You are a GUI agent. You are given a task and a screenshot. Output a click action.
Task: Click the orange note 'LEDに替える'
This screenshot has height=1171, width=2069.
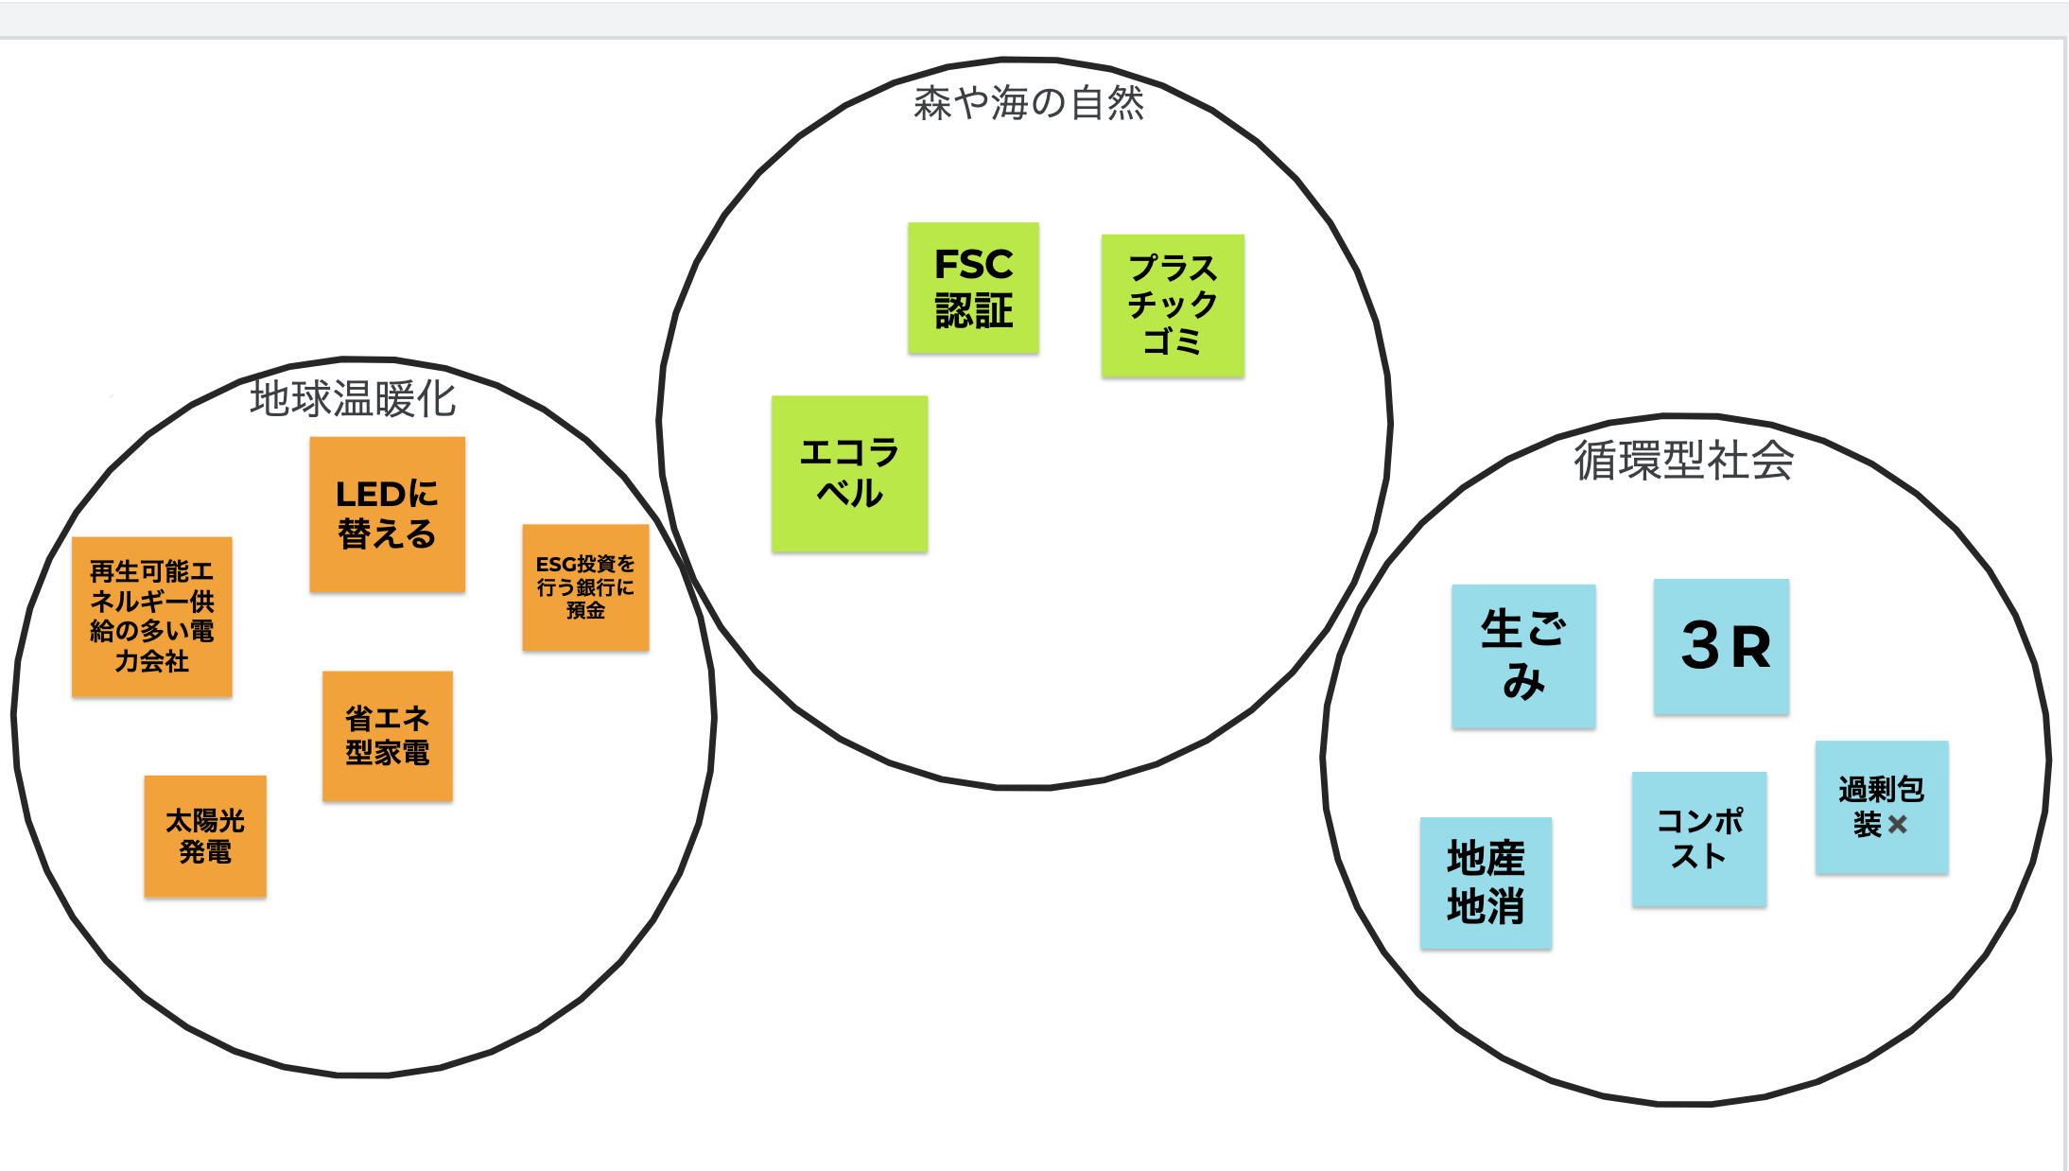[x=387, y=515]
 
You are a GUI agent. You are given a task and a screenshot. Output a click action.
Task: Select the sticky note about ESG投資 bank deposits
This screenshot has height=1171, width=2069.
[x=585, y=587]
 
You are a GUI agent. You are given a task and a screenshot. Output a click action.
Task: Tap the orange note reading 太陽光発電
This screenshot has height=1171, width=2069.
[x=205, y=836]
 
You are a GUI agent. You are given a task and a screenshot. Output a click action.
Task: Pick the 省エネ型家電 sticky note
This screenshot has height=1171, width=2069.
[x=387, y=736]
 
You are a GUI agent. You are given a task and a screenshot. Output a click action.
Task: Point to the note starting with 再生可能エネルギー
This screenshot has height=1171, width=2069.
[x=151, y=617]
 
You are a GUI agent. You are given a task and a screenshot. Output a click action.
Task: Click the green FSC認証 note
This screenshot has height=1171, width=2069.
[x=973, y=288]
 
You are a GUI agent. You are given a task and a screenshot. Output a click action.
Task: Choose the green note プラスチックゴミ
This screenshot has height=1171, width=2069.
[x=1173, y=306]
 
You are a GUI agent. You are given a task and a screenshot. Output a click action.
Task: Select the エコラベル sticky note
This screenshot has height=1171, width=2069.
[x=849, y=473]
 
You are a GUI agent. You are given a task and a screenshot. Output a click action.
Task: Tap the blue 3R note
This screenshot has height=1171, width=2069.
[x=1721, y=646]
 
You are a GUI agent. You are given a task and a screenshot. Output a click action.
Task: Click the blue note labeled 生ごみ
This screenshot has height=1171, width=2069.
[x=1523, y=655]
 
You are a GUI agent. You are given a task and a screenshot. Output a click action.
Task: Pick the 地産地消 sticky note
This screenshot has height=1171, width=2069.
[x=1486, y=883]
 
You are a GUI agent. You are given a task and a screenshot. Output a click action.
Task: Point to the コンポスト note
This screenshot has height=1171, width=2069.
[x=1698, y=839]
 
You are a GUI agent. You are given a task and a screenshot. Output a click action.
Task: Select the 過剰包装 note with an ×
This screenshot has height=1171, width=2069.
[x=1881, y=807]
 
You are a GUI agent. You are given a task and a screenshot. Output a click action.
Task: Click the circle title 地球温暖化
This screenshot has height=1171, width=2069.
[x=353, y=399]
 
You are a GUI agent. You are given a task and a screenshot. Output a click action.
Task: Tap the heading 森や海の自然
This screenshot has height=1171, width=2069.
[x=1029, y=103]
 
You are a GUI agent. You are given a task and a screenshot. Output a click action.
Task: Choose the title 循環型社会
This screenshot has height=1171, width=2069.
[x=1683, y=462]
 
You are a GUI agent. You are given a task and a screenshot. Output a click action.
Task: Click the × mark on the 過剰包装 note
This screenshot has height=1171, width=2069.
[x=1897, y=825]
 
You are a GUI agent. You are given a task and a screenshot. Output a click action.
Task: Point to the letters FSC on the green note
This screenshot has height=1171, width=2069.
[x=973, y=265]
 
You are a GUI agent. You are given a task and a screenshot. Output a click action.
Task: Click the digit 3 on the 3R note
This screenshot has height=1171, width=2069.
[x=1699, y=646]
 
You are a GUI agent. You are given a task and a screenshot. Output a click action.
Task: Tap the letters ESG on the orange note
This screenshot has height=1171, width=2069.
[x=555, y=565]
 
